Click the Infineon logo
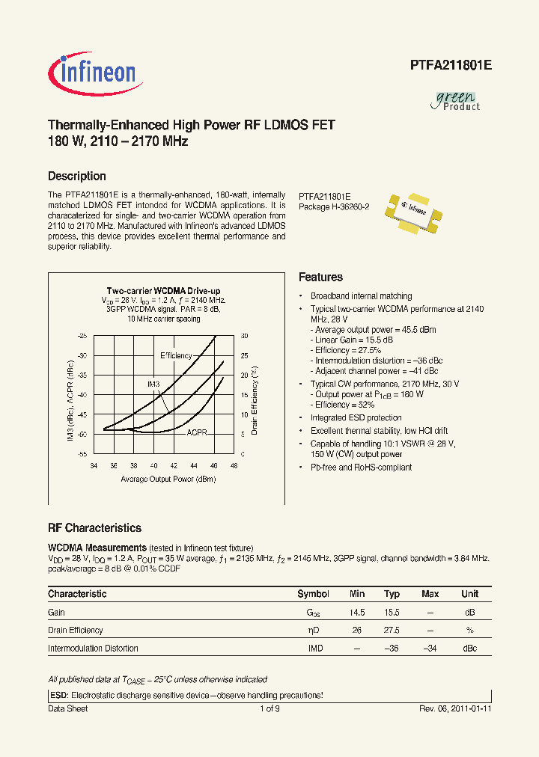(93, 73)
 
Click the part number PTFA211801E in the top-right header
(451, 65)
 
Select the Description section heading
(77, 177)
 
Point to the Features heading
(320, 277)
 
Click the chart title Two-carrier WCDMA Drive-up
(163, 290)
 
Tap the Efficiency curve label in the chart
(176, 355)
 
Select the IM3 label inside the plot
(153, 384)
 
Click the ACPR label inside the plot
(197, 432)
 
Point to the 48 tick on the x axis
(234, 465)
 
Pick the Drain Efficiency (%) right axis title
(255, 399)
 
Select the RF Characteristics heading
(94, 528)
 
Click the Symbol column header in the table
(313, 594)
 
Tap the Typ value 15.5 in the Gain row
(392, 613)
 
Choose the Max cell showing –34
(430, 648)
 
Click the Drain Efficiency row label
(76, 631)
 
